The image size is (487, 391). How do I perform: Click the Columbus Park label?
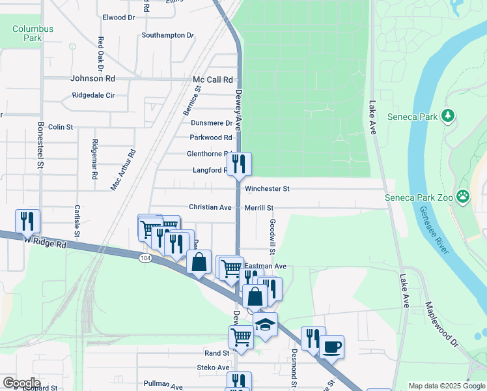pyautogui.click(x=33, y=34)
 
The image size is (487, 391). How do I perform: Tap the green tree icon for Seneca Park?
pyautogui.click(x=448, y=116)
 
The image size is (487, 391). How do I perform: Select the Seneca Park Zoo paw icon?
pyautogui.click(x=463, y=196)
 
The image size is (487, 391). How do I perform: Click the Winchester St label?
pyautogui.click(x=267, y=189)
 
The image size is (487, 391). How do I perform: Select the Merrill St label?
pyautogui.click(x=259, y=207)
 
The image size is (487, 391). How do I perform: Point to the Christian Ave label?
pyautogui.click(x=210, y=207)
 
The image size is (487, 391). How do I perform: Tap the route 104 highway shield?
pyautogui.click(x=145, y=258)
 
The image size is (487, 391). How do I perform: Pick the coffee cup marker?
pyautogui.click(x=331, y=346)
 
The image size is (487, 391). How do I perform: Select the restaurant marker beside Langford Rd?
pyautogui.click(x=239, y=164)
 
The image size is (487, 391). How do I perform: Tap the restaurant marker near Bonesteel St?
pyautogui.click(x=27, y=221)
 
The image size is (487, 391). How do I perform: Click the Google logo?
pyautogui.click(x=21, y=383)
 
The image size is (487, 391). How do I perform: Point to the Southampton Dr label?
pyautogui.click(x=168, y=35)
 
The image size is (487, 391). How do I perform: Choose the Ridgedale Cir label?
pyautogui.click(x=93, y=95)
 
